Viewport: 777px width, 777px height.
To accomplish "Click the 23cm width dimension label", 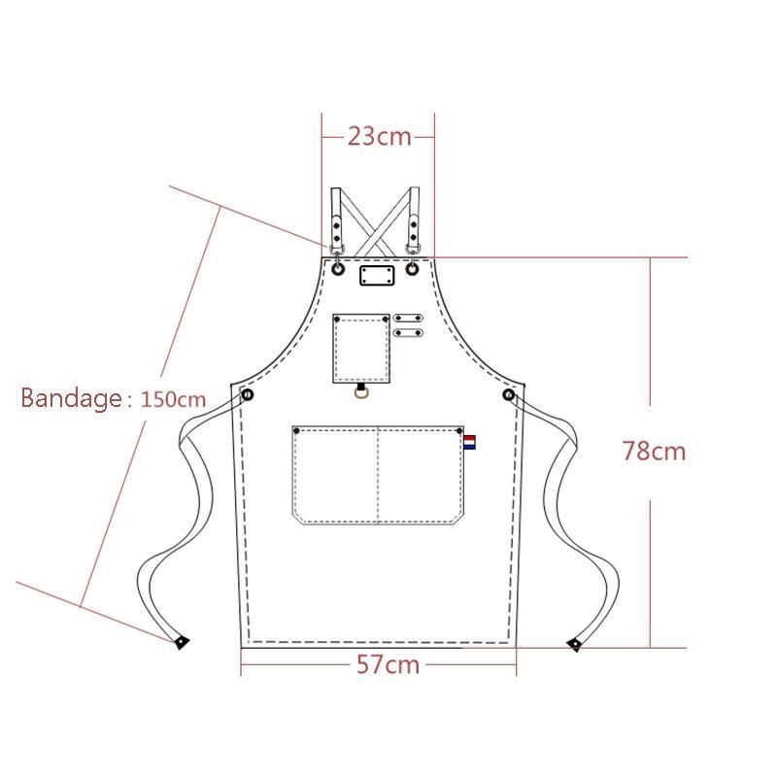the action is (379, 136).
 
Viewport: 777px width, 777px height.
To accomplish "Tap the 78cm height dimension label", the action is (654, 451).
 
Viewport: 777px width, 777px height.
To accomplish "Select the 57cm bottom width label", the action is (388, 664).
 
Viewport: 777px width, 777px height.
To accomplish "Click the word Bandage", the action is (71, 398).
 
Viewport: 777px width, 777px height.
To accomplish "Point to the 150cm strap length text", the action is (173, 399).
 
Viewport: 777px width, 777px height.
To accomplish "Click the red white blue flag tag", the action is (470, 442).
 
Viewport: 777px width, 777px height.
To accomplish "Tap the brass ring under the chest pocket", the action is (361, 392).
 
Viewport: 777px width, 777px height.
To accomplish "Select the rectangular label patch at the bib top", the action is (377, 276).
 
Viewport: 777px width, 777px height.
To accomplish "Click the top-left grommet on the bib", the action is (338, 269).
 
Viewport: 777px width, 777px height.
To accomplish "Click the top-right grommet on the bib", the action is (412, 269).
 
